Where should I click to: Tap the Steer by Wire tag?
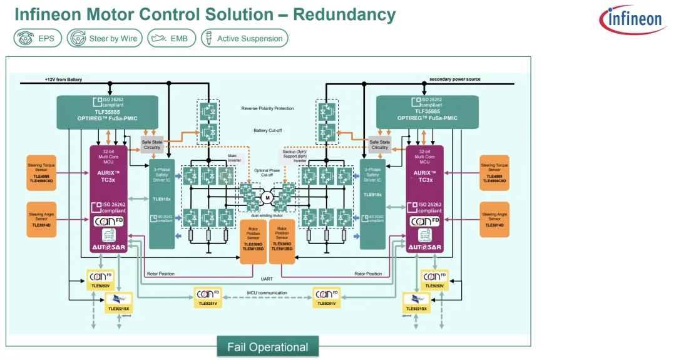click(x=105, y=38)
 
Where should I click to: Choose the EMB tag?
click(x=172, y=38)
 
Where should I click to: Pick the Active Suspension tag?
click(x=244, y=38)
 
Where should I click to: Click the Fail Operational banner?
click(x=267, y=347)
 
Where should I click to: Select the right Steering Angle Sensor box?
click(x=498, y=219)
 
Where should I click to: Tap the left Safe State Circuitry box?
click(x=152, y=145)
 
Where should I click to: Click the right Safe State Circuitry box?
click(x=379, y=145)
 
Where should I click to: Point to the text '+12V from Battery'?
click(x=63, y=80)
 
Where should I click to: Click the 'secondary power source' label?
click(x=454, y=79)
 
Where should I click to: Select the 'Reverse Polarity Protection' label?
click(x=267, y=109)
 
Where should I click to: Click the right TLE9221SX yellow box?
click(x=416, y=302)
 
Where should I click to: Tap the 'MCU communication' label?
click(x=267, y=293)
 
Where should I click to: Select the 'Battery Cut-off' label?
click(x=267, y=130)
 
